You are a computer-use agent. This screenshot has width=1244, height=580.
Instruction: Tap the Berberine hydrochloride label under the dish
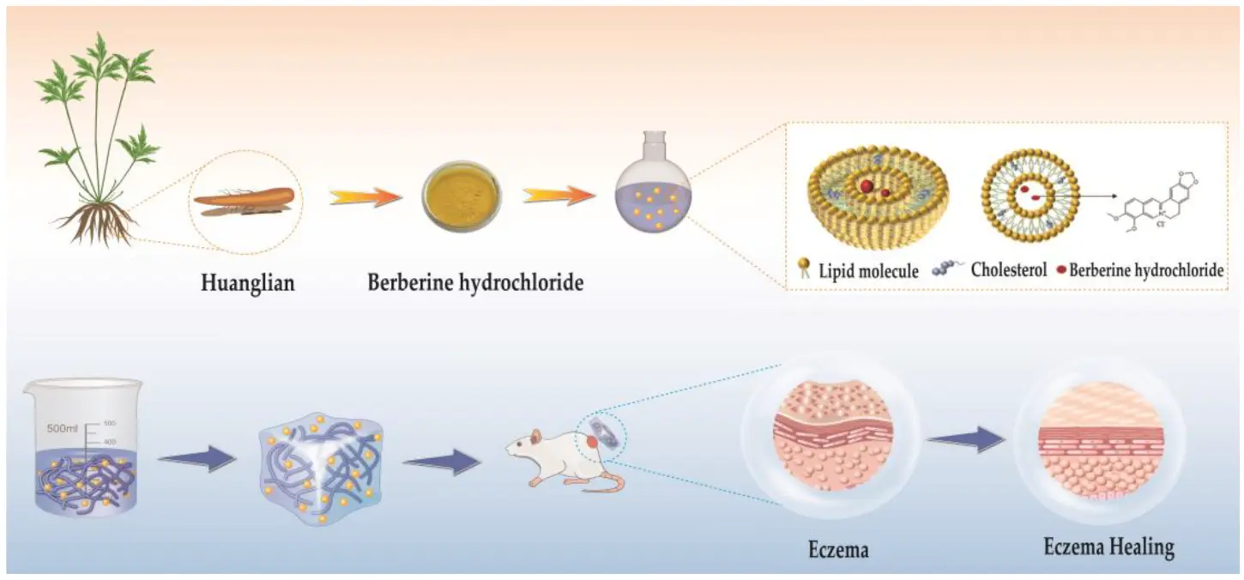(475, 282)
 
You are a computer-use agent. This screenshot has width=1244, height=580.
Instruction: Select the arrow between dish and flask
(559, 196)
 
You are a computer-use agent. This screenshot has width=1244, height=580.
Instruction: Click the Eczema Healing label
(1108, 548)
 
